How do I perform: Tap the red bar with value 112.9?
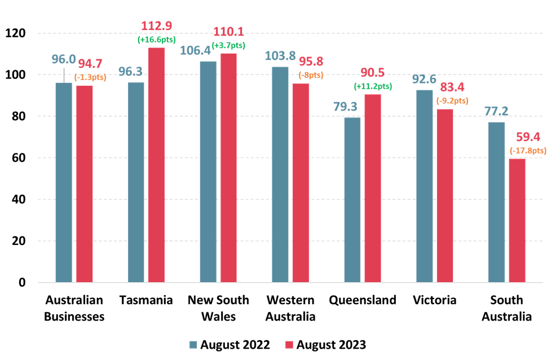156,165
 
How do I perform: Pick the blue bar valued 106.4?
208,172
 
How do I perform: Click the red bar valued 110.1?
228,168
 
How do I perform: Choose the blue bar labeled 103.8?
280,174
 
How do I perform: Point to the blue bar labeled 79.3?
352,200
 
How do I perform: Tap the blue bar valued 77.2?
496,202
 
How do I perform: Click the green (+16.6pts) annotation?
157,39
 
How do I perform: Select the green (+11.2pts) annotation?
373,86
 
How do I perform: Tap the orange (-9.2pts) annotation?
452,101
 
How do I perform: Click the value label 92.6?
424,79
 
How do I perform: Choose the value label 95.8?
311,62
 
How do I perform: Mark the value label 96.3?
130,72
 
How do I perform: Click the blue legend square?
193,345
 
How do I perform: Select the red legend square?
289,345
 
